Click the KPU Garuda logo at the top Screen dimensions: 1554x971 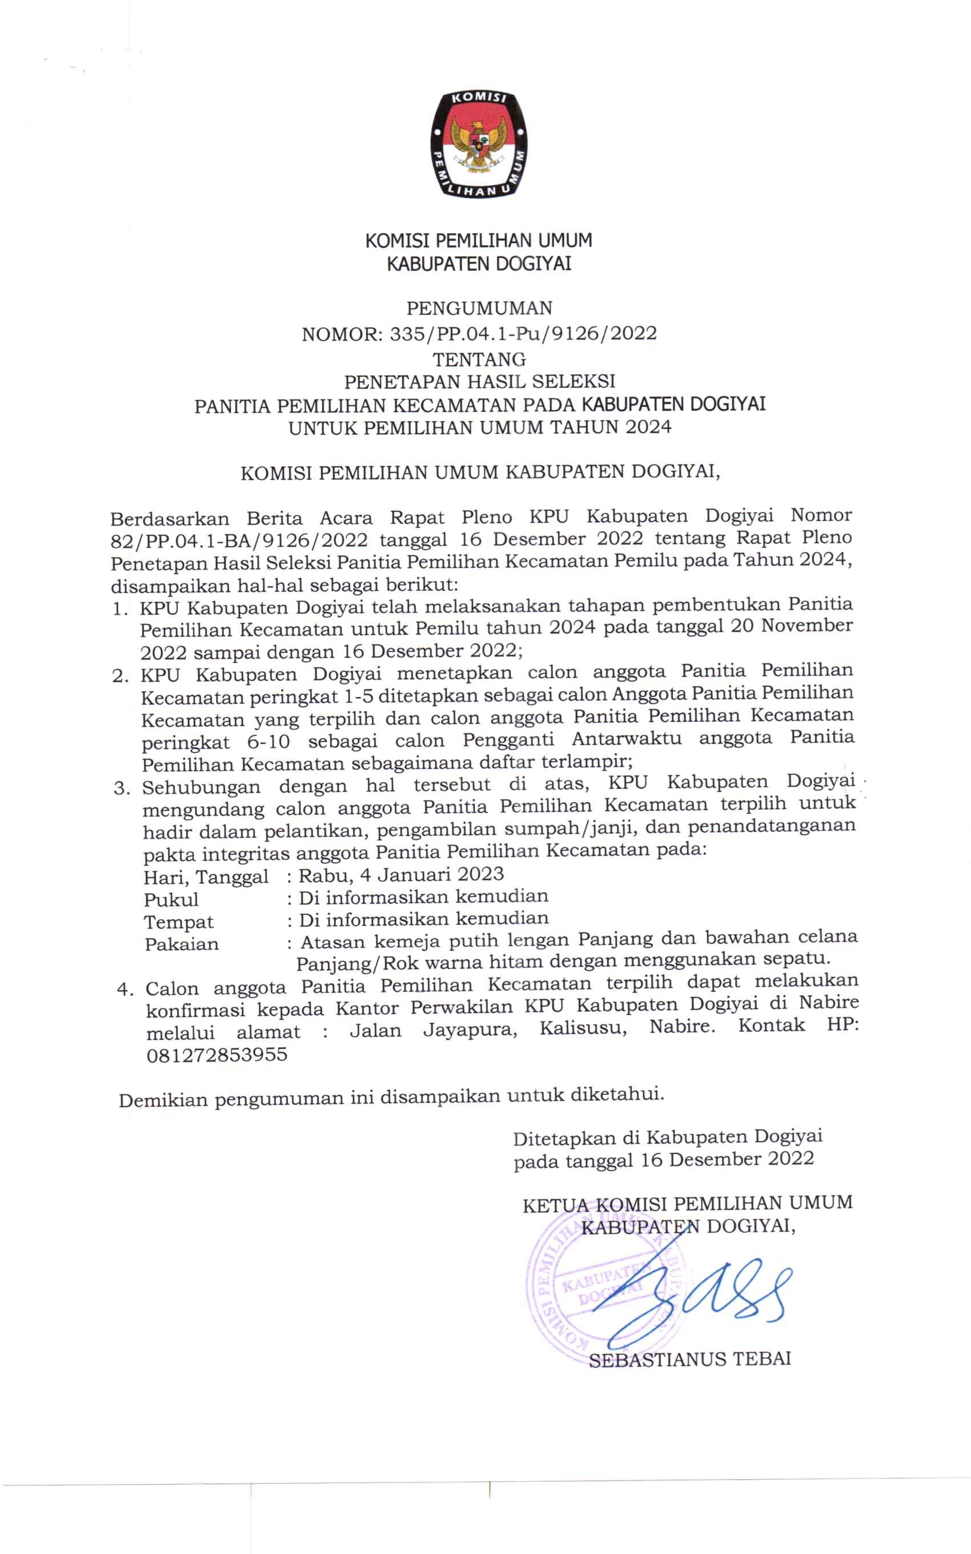[479, 143]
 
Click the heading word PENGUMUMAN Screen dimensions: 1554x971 [479, 309]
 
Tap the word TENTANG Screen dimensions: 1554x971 [479, 358]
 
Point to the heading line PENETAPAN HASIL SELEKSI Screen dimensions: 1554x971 [479, 382]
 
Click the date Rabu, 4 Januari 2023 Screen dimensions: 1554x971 [402, 875]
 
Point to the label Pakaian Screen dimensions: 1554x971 [182, 944]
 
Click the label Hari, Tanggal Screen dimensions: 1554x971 [206, 876]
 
